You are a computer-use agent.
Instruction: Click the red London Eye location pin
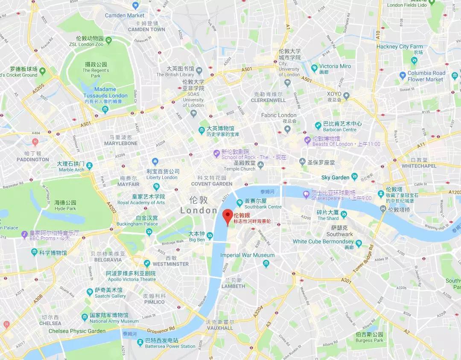[x=228, y=215]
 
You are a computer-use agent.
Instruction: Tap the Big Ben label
[x=197, y=240]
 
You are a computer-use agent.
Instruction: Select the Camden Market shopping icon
[x=136, y=6]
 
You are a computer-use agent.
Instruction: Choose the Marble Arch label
[x=71, y=169]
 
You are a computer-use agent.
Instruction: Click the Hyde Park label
[x=65, y=208]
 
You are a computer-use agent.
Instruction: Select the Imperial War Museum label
[x=247, y=255]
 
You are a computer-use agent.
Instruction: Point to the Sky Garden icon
[x=354, y=177]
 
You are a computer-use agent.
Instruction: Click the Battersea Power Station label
[x=170, y=346]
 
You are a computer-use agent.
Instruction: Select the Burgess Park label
[x=370, y=340]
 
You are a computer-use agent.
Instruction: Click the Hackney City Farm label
[x=400, y=46]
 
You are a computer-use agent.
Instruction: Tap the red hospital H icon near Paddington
[x=35, y=141]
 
